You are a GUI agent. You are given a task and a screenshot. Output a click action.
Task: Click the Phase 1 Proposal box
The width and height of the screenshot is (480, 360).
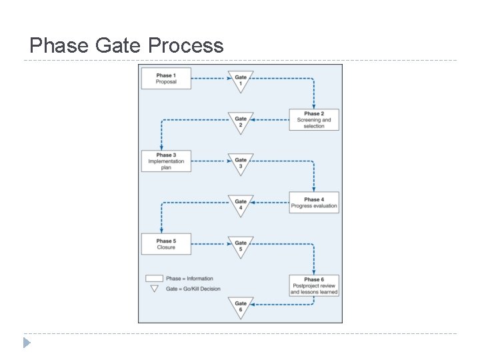pyautogui.click(x=166, y=79)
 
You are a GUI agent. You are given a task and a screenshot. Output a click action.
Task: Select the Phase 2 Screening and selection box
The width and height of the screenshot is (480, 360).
pyautogui.click(x=313, y=119)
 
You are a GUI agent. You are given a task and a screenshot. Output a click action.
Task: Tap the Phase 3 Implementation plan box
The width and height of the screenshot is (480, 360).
pyautogui.click(x=166, y=161)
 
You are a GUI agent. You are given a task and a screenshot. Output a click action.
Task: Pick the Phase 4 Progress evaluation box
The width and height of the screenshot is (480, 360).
pyautogui.click(x=314, y=203)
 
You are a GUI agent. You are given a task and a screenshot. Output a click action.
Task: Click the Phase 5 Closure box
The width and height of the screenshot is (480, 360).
pyautogui.click(x=166, y=244)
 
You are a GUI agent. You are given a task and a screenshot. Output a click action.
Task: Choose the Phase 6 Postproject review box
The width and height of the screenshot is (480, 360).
pyautogui.click(x=314, y=285)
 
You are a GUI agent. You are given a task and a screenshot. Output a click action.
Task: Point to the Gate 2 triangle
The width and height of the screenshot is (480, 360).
pyautogui.click(x=241, y=121)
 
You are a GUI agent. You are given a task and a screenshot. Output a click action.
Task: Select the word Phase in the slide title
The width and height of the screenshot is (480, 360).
pyautogui.click(x=58, y=45)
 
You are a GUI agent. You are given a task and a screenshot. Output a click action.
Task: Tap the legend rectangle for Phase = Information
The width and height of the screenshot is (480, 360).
pyautogui.click(x=154, y=279)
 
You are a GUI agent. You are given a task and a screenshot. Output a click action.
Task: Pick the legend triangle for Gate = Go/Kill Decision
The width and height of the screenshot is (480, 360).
pyautogui.click(x=154, y=289)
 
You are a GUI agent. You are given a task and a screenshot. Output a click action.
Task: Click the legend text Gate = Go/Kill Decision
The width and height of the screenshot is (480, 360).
pyautogui.click(x=193, y=289)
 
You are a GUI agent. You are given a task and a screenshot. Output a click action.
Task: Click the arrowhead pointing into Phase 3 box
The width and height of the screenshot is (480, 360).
pyautogui.click(x=161, y=148)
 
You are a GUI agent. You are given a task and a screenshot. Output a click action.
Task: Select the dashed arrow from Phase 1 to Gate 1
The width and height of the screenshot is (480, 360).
pyautogui.click(x=209, y=79)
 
